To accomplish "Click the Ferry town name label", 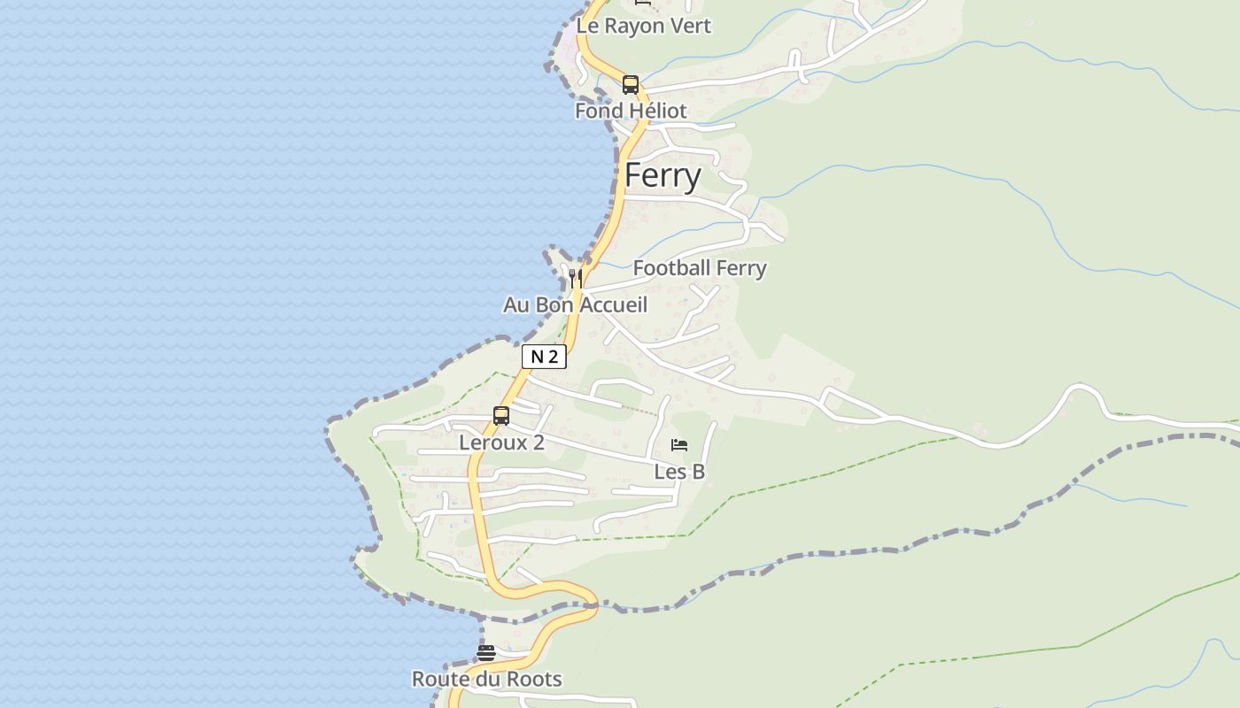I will pos(663,175).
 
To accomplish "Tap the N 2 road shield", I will pos(544,357).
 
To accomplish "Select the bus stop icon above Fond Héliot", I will pos(631,85).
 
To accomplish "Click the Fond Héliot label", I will pos(631,111).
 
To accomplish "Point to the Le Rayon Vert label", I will pos(643,26).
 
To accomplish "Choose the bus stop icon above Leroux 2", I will pos(501,416).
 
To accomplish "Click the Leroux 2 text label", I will pos(501,442).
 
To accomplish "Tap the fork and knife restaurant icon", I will pos(576,278).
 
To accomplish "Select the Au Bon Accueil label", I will pos(576,304).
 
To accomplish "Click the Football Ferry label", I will pos(700,267).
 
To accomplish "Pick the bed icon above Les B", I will pos(679,444).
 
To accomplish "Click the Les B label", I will pos(679,472).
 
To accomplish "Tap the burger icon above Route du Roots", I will pos(486,653).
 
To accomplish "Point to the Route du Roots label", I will pos(486,679).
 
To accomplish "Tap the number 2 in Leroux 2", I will pos(538,442).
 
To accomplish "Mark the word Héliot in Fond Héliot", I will pos(655,111).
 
